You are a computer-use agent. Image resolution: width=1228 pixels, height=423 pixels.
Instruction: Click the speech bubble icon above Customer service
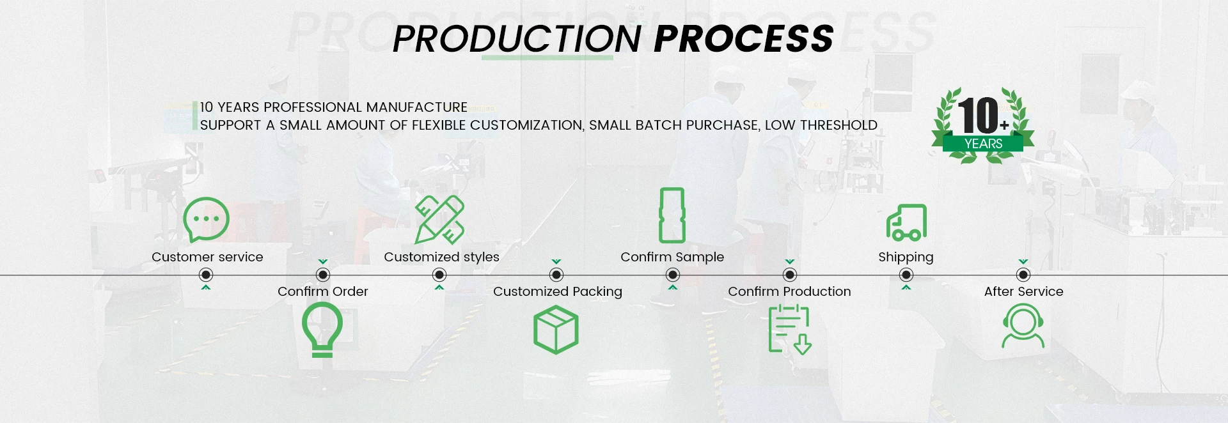tap(206, 219)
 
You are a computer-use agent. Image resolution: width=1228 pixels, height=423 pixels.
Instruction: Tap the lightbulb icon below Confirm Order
tap(322, 329)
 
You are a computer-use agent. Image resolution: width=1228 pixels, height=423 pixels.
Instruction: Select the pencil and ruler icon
tap(439, 219)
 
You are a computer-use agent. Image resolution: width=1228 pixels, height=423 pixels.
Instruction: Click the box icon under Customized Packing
tap(556, 330)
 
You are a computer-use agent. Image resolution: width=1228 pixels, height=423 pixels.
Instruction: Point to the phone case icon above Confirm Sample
tap(672, 215)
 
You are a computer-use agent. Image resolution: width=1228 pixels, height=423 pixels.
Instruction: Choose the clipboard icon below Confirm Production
tap(789, 329)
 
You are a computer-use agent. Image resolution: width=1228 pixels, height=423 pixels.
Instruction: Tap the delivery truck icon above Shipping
tap(906, 222)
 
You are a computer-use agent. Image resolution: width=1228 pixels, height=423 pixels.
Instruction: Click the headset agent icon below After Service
tap(1023, 327)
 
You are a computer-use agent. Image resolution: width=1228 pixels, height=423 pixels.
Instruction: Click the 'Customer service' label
tap(207, 257)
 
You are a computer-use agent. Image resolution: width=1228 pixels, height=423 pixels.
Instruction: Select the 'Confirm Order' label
tap(323, 291)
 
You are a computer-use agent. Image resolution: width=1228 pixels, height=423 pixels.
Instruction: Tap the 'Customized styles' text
tap(441, 257)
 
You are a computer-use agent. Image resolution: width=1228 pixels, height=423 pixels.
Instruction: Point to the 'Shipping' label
tap(906, 257)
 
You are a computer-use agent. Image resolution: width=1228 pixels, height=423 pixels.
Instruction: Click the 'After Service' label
tap(1023, 291)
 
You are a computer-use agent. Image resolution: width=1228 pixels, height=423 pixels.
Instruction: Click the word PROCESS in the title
tap(744, 38)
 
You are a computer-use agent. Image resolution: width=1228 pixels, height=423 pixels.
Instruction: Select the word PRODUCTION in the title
tap(517, 38)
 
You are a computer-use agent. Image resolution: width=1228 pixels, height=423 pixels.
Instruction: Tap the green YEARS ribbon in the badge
tap(983, 143)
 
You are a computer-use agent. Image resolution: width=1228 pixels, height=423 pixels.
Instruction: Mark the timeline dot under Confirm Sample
tap(672, 275)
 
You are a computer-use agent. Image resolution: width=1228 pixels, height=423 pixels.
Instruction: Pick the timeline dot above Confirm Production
tap(790, 275)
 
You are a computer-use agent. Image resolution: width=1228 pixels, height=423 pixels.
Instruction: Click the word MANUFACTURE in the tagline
tap(416, 107)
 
